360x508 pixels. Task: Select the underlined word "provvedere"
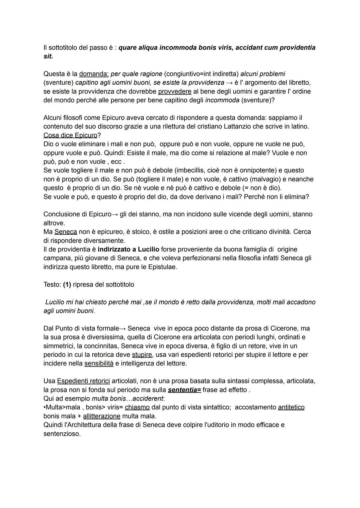(x=175, y=91)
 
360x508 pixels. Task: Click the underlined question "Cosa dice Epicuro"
(x=70, y=135)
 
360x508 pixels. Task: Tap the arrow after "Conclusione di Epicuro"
(x=115, y=214)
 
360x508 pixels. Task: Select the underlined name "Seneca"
(x=66, y=232)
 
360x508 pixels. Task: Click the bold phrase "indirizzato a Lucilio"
(x=128, y=249)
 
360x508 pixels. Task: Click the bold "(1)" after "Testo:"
(x=67, y=284)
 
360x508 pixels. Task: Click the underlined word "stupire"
(x=142, y=355)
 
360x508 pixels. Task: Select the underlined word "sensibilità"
(x=99, y=363)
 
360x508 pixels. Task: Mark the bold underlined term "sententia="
(x=184, y=390)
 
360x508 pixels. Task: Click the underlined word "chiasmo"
(x=137, y=407)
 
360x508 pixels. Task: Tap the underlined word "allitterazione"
(x=102, y=416)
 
